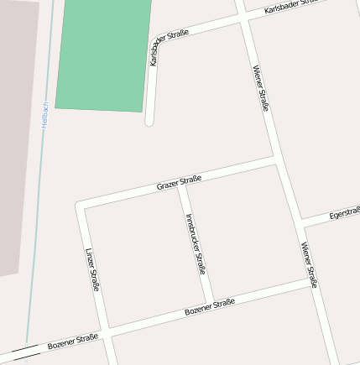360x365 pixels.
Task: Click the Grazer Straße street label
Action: pos(179,181)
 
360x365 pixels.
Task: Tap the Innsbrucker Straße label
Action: pos(196,243)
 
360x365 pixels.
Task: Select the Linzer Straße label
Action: pos(92,269)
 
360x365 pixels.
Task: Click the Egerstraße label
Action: pos(344,213)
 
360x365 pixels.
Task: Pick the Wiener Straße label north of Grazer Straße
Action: pos(260,88)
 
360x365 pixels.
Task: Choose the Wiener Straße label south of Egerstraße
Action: pos(310,264)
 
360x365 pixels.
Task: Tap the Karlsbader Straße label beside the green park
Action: pos(167,46)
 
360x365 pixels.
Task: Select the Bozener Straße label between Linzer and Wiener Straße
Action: pos(209,307)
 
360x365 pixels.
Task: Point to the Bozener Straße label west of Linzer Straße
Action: pos(72,342)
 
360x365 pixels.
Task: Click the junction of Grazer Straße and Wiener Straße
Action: pos(277,157)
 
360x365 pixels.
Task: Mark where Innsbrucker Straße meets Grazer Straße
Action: pos(180,183)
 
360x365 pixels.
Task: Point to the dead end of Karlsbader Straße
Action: pos(149,122)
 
